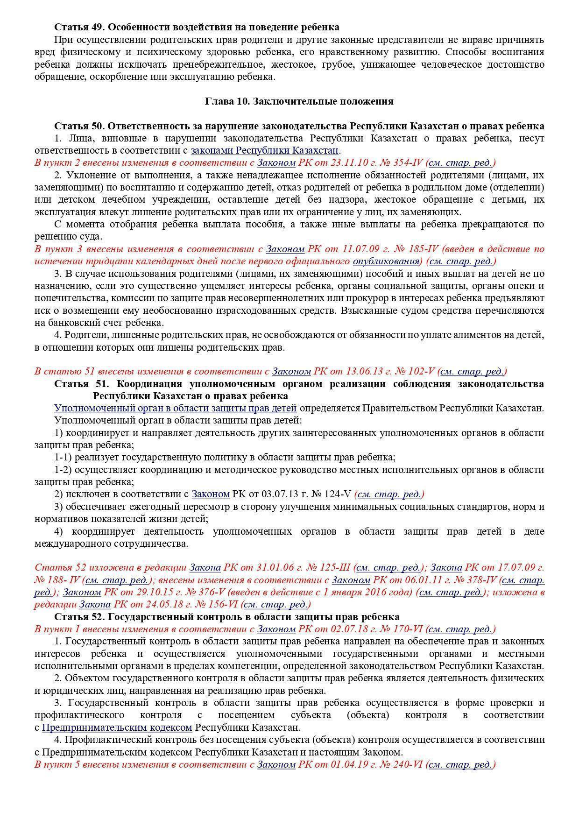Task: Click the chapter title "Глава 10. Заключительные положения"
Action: point(299,101)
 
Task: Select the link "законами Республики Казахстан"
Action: point(264,150)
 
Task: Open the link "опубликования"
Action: point(386,261)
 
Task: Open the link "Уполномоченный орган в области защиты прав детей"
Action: point(175,408)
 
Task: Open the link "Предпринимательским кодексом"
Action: point(117,727)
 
